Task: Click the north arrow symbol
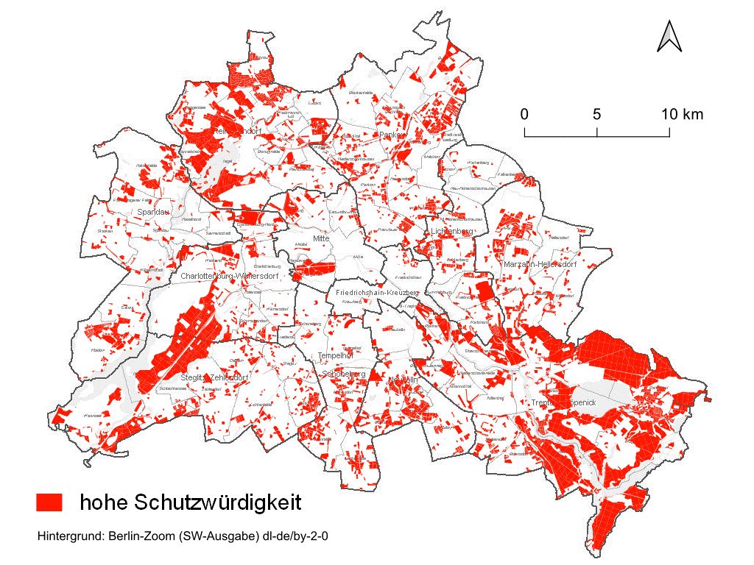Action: click(669, 37)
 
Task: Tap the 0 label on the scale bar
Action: click(524, 115)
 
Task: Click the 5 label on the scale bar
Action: click(596, 115)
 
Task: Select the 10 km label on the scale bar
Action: click(681, 115)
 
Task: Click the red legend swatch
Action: click(50, 502)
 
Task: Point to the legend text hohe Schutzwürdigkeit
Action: click(191, 502)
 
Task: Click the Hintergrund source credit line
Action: click(182, 536)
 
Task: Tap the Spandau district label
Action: click(153, 213)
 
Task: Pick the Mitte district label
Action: click(320, 239)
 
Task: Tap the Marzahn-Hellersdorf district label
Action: click(540, 264)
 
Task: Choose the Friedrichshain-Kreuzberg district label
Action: click(376, 293)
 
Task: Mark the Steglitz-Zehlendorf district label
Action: click(214, 377)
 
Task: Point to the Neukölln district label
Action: click(404, 380)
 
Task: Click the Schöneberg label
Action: click(344, 374)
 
